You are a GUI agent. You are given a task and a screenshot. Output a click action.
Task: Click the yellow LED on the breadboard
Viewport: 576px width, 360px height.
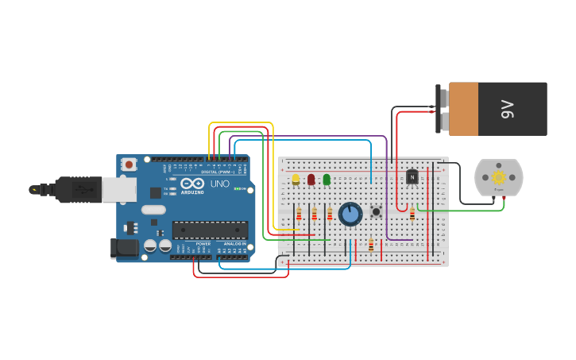[296, 180]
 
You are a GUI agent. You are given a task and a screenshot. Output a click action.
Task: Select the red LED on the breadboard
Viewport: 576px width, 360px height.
[311, 180]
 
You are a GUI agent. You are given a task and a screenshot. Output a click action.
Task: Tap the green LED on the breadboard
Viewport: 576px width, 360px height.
[327, 180]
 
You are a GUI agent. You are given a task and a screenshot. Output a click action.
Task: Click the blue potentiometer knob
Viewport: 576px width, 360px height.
[350, 214]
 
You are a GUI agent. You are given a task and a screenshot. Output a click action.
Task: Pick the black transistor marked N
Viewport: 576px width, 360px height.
[412, 176]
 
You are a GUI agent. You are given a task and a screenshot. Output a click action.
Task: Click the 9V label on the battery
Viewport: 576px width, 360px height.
[508, 109]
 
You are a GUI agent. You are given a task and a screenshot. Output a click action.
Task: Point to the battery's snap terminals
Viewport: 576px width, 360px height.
[442, 108]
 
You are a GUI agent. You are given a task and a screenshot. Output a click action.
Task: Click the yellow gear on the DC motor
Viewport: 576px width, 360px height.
[499, 177]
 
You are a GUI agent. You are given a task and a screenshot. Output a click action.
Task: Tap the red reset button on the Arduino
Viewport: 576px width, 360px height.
[129, 165]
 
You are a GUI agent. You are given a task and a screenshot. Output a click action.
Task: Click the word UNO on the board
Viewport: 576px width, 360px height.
[219, 184]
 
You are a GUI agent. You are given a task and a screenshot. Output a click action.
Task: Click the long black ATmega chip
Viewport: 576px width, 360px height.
[210, 230]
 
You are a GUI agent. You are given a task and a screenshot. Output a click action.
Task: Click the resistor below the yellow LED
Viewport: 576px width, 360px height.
[299, 214]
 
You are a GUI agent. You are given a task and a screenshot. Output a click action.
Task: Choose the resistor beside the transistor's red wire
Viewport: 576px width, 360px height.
[412, 213]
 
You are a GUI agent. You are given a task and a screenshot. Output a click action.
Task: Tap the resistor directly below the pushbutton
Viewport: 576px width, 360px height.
[370, 245]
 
